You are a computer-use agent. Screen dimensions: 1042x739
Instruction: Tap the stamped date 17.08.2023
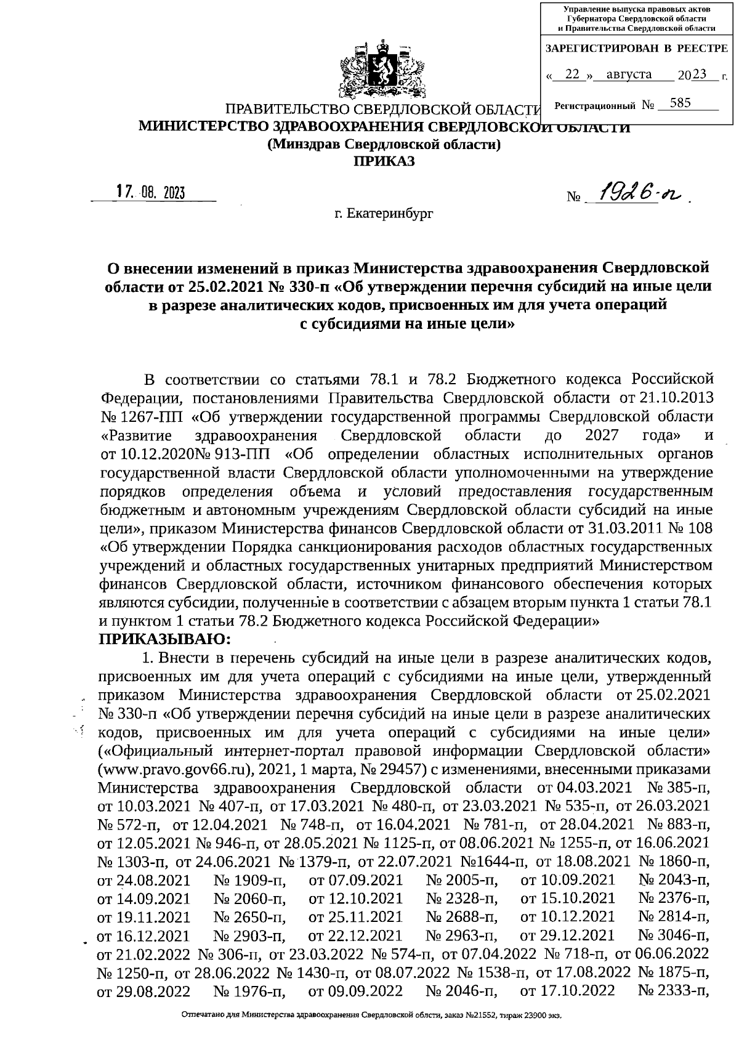tap(151, 192)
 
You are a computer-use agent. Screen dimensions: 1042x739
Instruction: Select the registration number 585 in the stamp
tap(680, 103)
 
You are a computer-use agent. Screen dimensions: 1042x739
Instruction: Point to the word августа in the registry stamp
tap(629, 75)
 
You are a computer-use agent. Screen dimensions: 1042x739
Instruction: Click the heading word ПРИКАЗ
tap(383, 162)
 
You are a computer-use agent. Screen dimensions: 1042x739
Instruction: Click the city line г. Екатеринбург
tap(383, 214)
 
